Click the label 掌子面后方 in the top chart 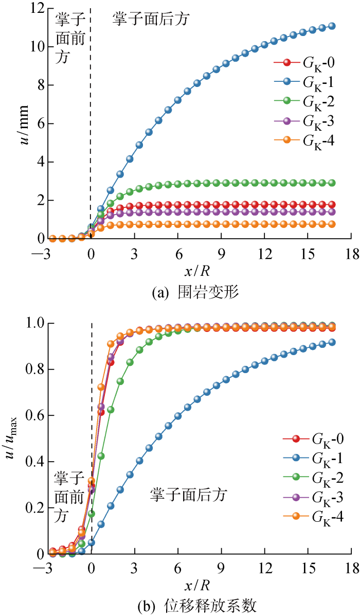(151, 20)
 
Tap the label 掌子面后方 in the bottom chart (189, 496)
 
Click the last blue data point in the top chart (332, 26)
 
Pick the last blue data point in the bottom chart (332, 342)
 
